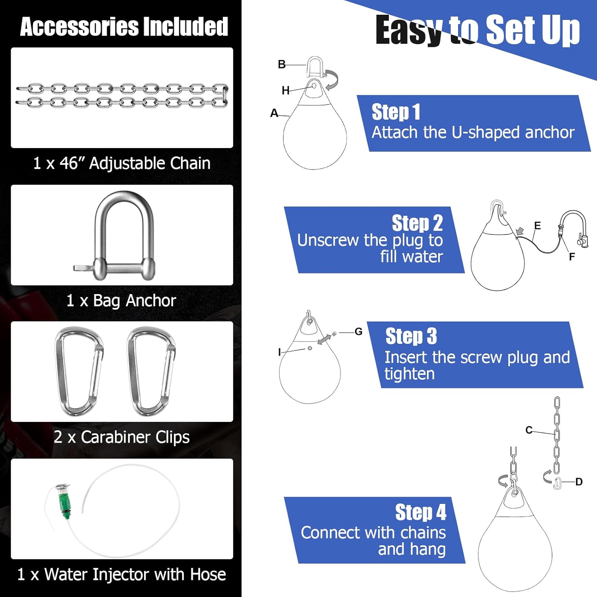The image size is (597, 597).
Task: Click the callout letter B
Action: tap(282, 64)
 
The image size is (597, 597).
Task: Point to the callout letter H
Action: tap(285, 91)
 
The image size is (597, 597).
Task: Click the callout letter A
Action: tap(274, 113)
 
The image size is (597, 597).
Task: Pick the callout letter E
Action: tap(537, 226)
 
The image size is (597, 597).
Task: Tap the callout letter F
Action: tap(572, 257)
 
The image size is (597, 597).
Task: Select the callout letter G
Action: tap(359, 332)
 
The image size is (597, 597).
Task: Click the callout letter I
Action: tap(279, 352)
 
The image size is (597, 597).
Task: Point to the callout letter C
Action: tap(529, 430)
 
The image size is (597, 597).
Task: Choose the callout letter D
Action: tap(579, 482)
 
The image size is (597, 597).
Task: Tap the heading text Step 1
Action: tap(396, 112)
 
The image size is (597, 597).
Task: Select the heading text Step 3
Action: tap(411, 336)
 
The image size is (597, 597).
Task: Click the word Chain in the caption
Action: tap(190, 163)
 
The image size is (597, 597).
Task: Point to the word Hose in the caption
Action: tap(208, 574)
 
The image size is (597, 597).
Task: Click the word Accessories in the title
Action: tap(79, 27)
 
